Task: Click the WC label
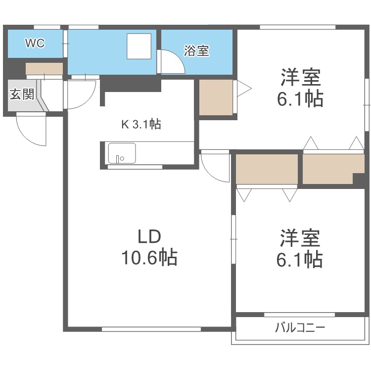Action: (35, 44)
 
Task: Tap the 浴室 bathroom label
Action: (196, 51)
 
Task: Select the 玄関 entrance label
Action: (21, 94)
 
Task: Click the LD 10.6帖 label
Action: (149, 248)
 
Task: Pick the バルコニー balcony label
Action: (300, 327)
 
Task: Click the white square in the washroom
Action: (141, 46)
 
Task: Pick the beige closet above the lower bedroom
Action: (267, 169)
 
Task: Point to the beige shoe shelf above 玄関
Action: (44, 68)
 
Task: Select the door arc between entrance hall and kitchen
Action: (81, 94)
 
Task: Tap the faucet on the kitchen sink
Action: (118, 159)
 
